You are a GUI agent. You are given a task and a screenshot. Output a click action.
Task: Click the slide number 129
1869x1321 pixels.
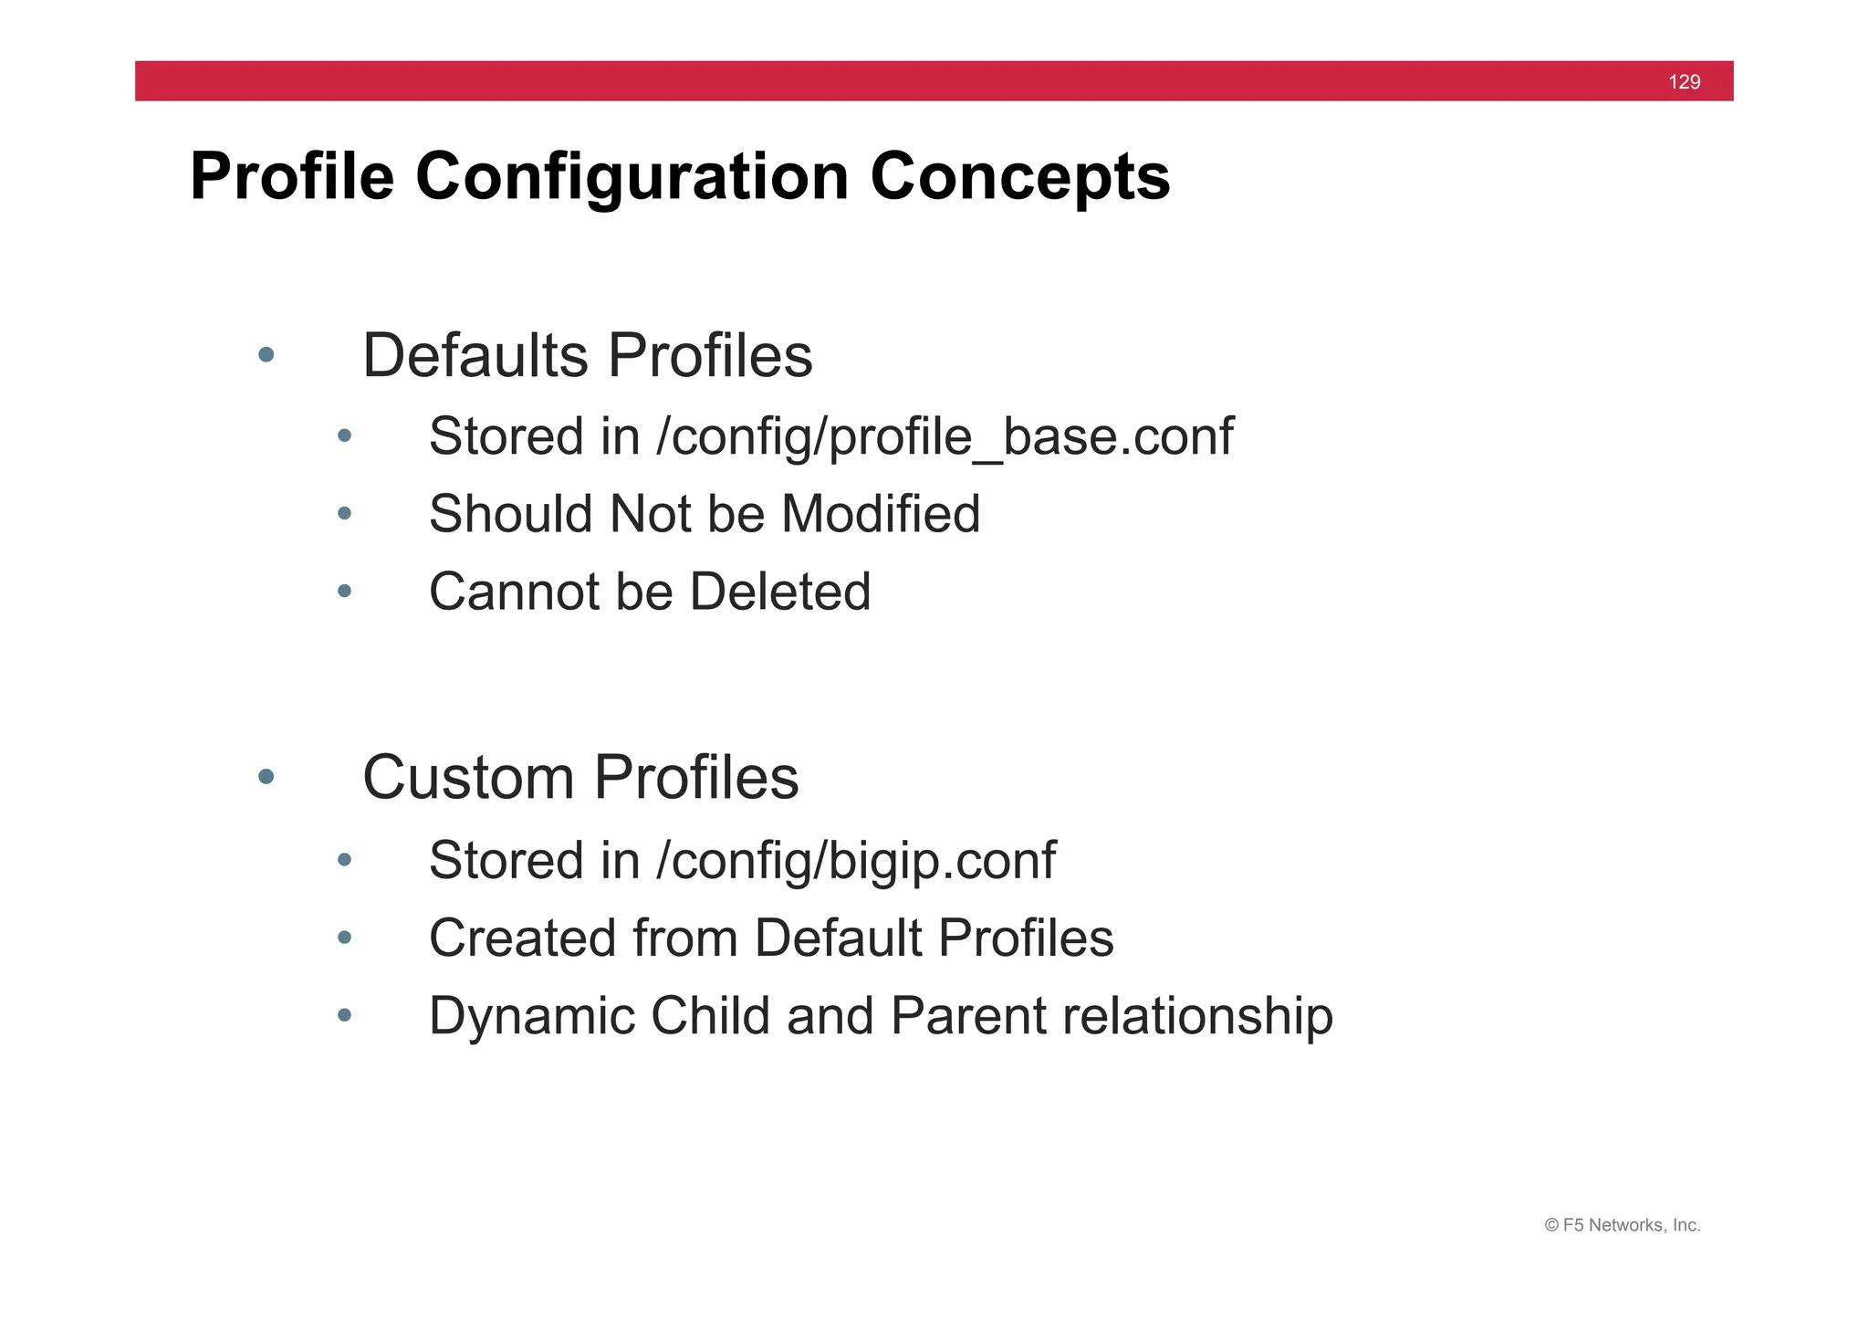pos(1684,82)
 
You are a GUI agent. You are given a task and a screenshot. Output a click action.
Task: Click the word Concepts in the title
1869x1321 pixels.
pos(1019,176)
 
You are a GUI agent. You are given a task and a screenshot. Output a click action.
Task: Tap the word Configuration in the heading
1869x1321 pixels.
pos(632,176)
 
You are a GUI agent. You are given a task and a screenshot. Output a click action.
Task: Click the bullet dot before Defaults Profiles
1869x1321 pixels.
pos(266,355)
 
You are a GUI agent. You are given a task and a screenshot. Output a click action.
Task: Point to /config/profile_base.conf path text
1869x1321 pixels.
pos(945,436)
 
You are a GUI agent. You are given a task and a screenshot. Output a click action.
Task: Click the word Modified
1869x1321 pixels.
pos(881,514)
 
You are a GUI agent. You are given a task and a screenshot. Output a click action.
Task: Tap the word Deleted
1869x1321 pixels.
pos(780,592)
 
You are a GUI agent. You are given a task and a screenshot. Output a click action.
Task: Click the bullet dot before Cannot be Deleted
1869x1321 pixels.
pos(344,592)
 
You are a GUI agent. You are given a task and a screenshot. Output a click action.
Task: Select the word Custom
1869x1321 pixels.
pos(468,778)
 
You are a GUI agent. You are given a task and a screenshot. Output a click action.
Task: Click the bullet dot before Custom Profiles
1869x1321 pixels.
pos(266,777)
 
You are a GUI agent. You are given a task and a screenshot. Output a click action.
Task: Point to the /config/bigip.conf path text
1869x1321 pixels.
pos(855,861)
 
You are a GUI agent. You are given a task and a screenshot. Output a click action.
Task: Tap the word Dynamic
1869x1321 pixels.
pos(531,1016)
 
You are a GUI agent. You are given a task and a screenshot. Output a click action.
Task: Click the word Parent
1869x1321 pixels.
pos(968,1016)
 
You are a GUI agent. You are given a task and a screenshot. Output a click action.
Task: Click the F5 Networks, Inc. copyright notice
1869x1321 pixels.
pos(1622,1225)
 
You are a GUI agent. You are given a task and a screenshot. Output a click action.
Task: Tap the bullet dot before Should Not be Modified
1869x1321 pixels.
pos(344,514)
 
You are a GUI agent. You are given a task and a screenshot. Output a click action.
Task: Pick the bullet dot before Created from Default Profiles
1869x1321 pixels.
pos(344,938)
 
